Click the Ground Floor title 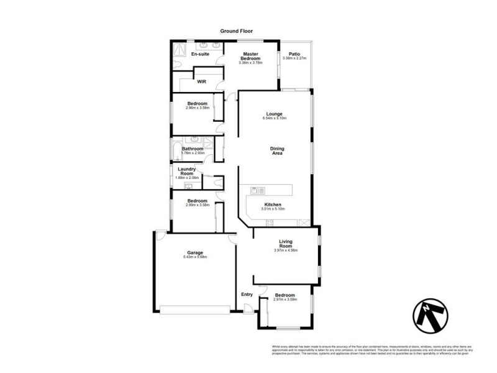point(236,30)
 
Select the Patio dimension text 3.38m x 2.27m point(294,58)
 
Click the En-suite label point(199,54)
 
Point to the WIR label point(201,81)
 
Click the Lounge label point(275,114)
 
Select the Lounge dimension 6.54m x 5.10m point(275,119)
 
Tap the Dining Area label point(276,150)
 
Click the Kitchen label point(273,205)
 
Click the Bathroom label point(193,149)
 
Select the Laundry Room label point(187,171)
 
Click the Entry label point(247,295)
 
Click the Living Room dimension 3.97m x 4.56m point(286,251)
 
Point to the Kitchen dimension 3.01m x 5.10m point(273,210)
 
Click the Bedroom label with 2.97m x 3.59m point(285,295)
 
